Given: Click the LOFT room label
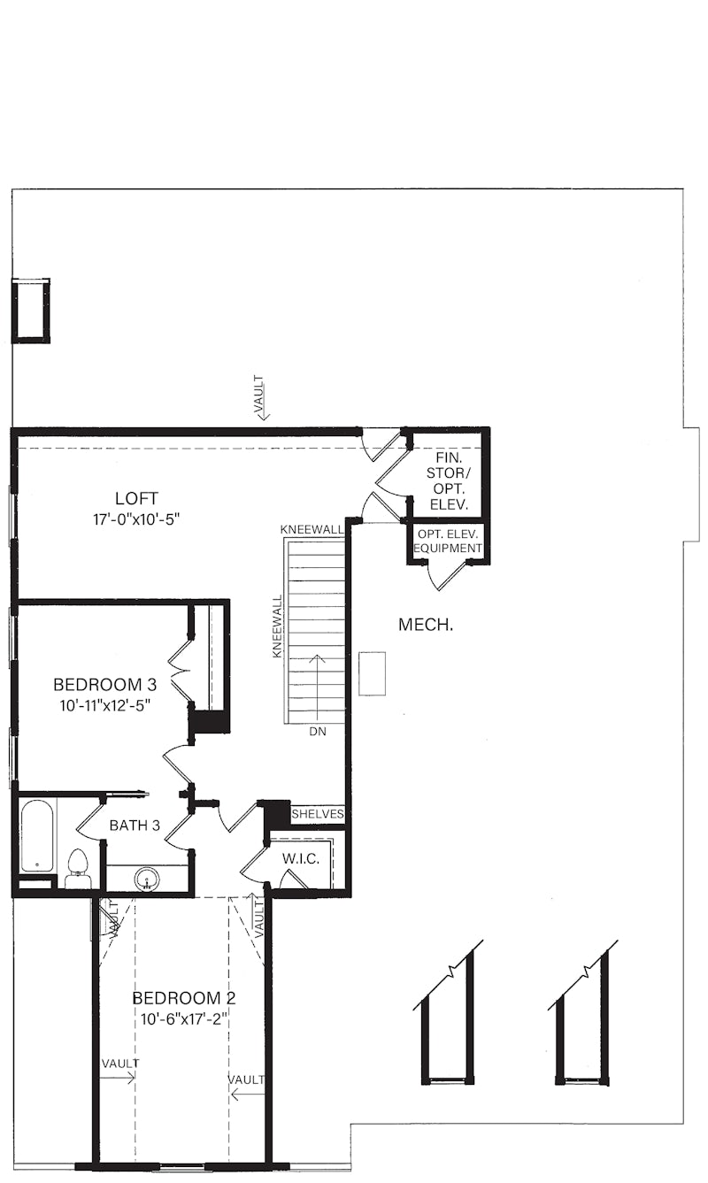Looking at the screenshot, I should [x=136, y=497].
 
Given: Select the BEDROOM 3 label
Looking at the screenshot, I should [x=104, y=684].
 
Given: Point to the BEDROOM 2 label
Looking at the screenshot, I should [x=184, y=998].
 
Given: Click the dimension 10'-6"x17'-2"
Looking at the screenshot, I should [x=184, y=1018].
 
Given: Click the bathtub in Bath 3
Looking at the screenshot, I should [x=37, y=835].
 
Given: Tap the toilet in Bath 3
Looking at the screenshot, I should [x=78, y=867].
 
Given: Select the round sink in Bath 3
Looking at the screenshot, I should [x=147, y=879].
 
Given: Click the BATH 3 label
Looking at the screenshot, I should [x=135, y=826].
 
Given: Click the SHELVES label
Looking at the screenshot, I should [x=317, y=813].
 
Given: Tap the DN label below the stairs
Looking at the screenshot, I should [x=317, y=732].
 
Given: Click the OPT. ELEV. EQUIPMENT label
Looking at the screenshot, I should [x=449, y=542].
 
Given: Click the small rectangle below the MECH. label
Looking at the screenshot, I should [x=373, y=673].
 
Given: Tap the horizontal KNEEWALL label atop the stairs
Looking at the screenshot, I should [x=312, y=529].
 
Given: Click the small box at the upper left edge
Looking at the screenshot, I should [x=31, y=310].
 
